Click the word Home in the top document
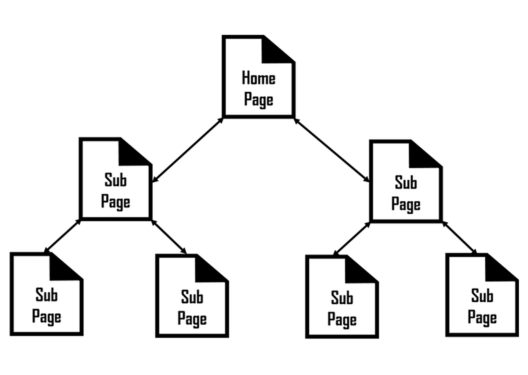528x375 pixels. pos(258,78)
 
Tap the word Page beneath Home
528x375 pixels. pos(258,100)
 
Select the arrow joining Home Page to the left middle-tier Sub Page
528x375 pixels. pos(188,150)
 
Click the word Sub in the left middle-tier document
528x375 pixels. pos(116,180)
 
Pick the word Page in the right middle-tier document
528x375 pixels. pos(406,205)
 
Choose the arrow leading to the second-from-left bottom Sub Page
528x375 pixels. pos(169,236)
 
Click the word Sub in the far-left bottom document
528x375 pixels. pos(46,295)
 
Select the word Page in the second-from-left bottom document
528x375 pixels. pos(192,319)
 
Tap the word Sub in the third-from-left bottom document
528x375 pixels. pos(342,298)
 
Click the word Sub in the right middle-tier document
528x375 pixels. pos(406,183)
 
